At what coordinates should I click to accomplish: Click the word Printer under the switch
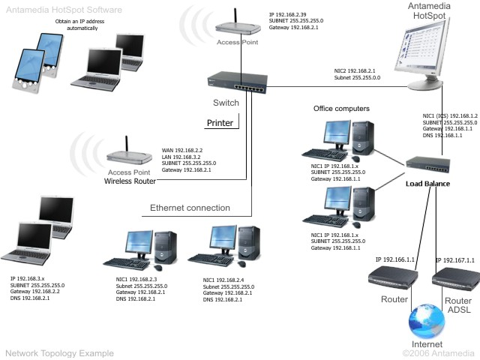coord(220,123)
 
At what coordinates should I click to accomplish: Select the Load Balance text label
coord(431,183)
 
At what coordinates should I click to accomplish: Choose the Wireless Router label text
coord(130,181)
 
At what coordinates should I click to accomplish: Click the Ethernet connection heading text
coord(190,208)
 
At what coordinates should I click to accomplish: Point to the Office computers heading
coord(341,109)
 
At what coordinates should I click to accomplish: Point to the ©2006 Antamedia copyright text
coord(438,352)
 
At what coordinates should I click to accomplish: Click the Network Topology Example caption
coord(59,352)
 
